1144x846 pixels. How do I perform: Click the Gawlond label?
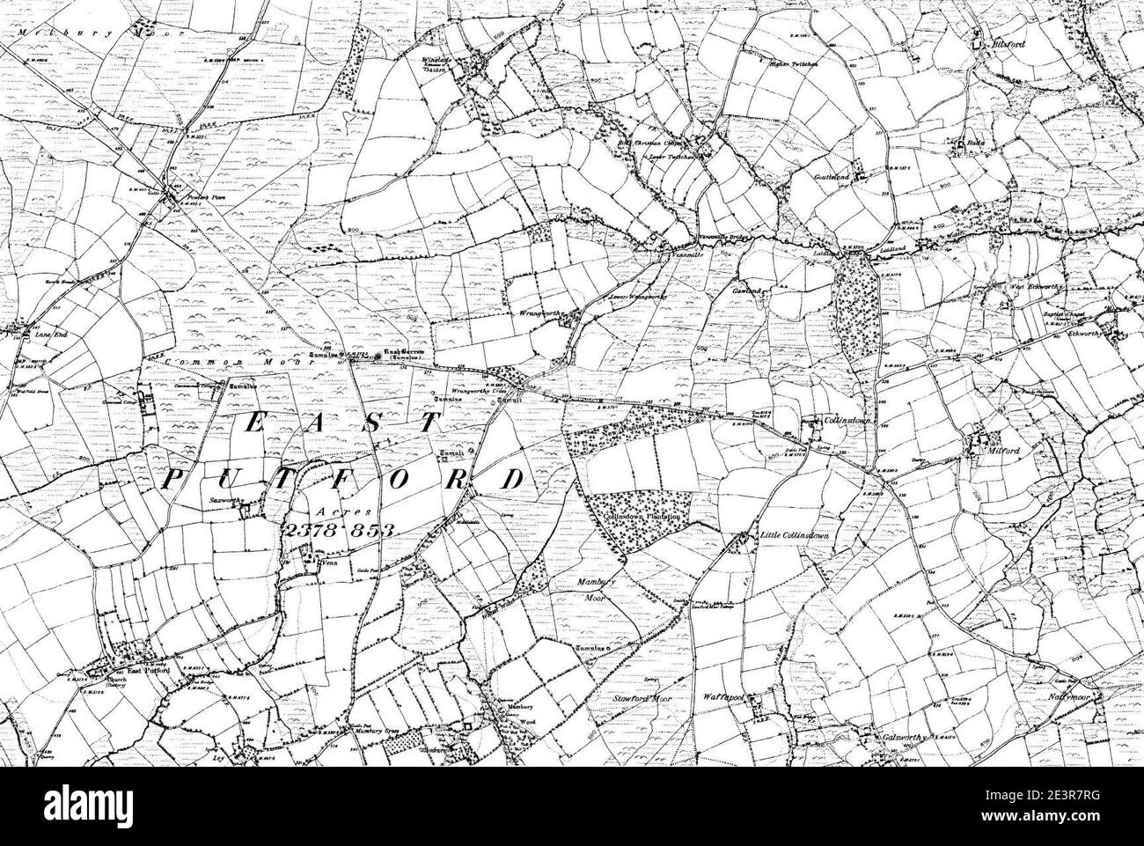(744, 290)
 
